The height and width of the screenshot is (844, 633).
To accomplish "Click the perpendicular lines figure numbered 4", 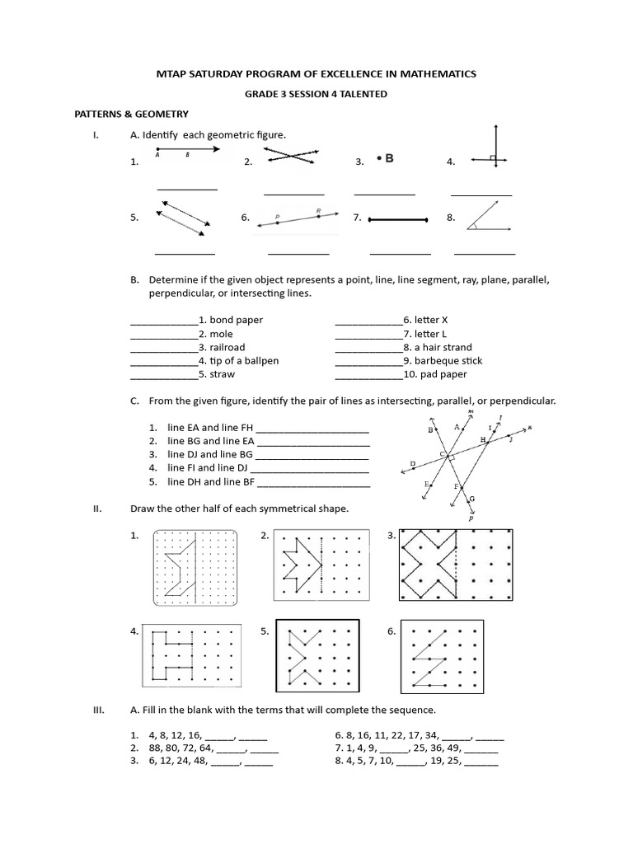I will (x=494, y=148).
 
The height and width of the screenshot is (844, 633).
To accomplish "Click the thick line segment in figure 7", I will (x=398, y=220).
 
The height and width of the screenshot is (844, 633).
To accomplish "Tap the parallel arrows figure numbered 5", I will (x=185, y=218).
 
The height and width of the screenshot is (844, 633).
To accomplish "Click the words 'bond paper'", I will (x=237, y=320).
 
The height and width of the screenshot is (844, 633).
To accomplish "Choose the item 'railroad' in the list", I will (x=227, y=348).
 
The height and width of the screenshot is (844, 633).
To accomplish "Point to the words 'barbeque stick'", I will (x=449, y=361).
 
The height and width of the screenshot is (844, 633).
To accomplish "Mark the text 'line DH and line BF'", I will (x=212, y=482).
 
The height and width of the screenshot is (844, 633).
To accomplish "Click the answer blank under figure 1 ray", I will (x=187, y=190).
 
